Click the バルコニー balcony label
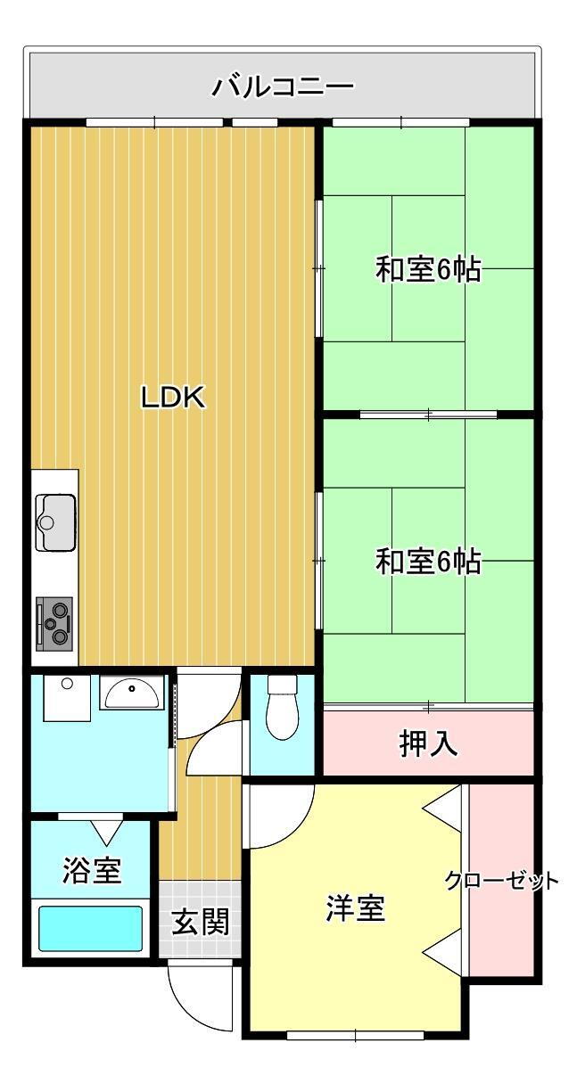283,86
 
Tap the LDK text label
174,397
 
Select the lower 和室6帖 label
428,561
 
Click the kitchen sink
55,522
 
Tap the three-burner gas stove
54,623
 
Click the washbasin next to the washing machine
132,693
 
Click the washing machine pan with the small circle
67,698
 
